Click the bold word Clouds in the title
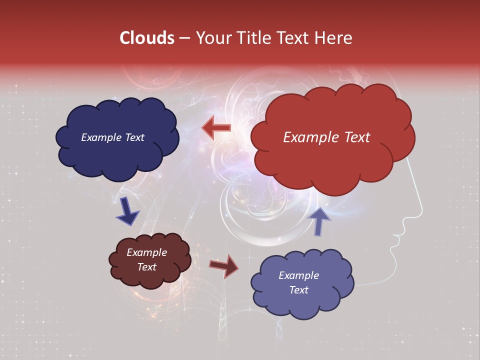[147, 38]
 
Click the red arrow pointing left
[216, 128]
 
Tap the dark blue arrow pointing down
[127, 211]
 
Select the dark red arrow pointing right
[224, 266]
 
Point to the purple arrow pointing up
[319, 221]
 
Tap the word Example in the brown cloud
[146, 252]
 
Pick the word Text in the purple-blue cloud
[298, 290]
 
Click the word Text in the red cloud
[355, 137]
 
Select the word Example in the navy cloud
[99, 137]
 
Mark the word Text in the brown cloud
[146, 267]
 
